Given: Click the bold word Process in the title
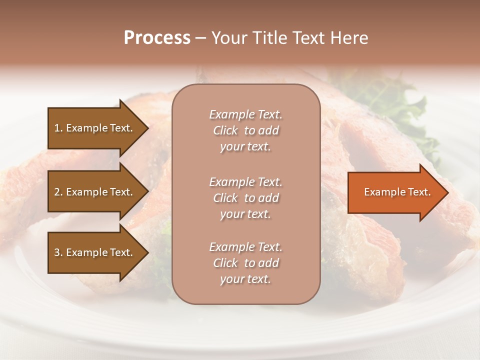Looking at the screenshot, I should pyautogui.click(x=157, y=38).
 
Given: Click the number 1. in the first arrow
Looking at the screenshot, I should pyautogui.click(x=58, y=128).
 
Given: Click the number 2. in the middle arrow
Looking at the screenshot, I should pyautogui.click(x=58, y=192).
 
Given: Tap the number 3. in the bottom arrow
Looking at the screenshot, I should pyautogui.click(x=58, y=252).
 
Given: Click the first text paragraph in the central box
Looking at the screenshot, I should pyautogui.click(x=245, y=130).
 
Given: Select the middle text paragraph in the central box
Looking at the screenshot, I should pyautogui.click(x=245, y=198).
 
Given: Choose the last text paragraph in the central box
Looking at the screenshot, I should pyautogui.click(x=245, y=263).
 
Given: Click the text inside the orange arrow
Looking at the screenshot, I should pyautogui.click(x=397, y=192).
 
